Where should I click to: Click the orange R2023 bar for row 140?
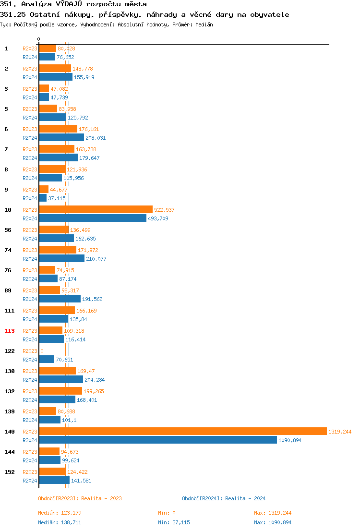coord(182,431)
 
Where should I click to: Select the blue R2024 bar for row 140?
coord(158,440)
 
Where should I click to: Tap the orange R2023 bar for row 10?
coord(96,209)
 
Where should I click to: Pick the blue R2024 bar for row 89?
coord(60,299)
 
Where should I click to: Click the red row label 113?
coord(10,331)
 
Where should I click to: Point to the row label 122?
coord(10,351)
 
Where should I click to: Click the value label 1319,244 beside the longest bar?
coord(340,432)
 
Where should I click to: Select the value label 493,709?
coord(158,218)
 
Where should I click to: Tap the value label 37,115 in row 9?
coord(57,198)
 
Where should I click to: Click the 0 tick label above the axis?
coord(39,39)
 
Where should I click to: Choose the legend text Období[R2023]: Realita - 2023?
coord(80,498)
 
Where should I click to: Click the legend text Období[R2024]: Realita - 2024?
coord(224,498)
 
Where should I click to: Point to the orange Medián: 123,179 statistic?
coord(60,513)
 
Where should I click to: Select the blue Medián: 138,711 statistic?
coord(60,522)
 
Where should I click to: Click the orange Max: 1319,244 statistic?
coord(273,513)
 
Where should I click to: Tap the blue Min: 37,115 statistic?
coord(174,522)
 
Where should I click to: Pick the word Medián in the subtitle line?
coord(204,24)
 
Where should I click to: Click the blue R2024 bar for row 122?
coord(47,359)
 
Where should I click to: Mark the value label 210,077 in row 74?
coord(96,259)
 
